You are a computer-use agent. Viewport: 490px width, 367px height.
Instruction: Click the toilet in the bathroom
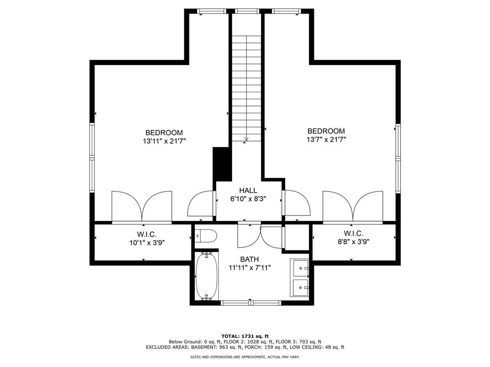coord(206,236)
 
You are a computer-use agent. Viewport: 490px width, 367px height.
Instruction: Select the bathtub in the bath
coord(207,276)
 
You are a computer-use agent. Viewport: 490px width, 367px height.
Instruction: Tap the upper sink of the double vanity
coord(300,268)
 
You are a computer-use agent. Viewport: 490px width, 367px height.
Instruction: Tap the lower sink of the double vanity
coord(300,287)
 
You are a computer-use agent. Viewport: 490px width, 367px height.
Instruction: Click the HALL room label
coord(248,190)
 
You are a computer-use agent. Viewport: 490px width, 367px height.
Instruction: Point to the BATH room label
coord(249,259)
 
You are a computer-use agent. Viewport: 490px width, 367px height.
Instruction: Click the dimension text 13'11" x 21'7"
coord(165,141)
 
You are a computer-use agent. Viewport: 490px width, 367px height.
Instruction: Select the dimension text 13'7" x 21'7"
coord(326,140)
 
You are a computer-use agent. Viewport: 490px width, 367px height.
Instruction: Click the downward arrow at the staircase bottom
coord(246,139)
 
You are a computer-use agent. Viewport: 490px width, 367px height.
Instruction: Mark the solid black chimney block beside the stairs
coord(222,164)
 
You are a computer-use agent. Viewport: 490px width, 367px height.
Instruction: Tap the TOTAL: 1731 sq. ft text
coord(245,336)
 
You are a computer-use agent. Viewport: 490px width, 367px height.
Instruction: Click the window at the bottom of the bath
coord(251,302)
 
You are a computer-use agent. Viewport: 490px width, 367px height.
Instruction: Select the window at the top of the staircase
coord(247,11)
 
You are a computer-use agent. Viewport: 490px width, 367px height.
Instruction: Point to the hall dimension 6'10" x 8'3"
coord(248,199)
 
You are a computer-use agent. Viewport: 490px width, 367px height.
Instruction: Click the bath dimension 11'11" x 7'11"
coord(249,268)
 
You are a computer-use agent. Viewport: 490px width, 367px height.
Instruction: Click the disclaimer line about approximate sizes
coord(245,356)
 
